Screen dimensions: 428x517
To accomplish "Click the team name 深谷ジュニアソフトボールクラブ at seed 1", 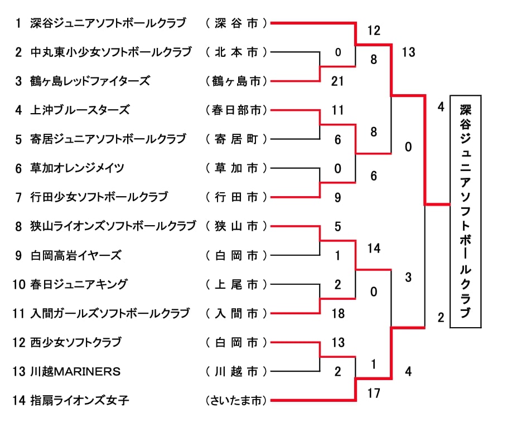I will [x=108, y=23].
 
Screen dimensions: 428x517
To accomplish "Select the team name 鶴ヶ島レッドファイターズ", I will [x=90, y=81].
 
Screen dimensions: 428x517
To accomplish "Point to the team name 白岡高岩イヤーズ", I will [x=76, y=255].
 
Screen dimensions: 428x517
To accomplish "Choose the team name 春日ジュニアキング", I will [x=79, y=284].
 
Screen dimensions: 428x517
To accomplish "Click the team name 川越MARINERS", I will [x=75, y=371].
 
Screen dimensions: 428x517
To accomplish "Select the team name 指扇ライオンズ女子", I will [x=80, y=400].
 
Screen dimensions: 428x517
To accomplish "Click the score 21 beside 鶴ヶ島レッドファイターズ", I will [x=337, y=81].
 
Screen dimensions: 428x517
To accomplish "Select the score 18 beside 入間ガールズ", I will [x=337, y=314].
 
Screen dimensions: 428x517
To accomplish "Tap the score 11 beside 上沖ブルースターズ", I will [x=337, y=110].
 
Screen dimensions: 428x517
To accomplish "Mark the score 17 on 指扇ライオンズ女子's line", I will [x=374, y=393].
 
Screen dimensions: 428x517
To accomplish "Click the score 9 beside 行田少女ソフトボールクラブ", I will [x=337, y=197].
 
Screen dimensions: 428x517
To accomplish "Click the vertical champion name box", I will [x=465, y=211].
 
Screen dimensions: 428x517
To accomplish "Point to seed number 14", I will [x=19, y=400].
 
